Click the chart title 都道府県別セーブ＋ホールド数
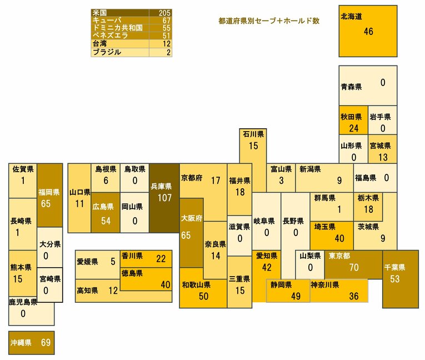[269, 21]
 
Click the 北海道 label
[352, 17]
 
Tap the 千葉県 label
[394, 267]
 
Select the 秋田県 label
[351, 117]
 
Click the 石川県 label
[253, 134]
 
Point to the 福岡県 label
[49, 192]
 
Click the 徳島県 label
[132, 273]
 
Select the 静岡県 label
[281, 285]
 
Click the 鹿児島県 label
[23, 302]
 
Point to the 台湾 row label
[100, 43]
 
